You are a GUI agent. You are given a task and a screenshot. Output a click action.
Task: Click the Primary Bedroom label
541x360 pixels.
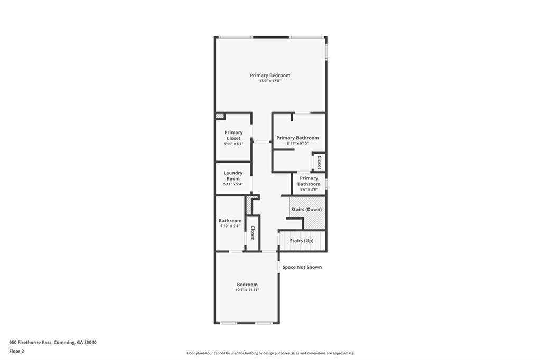tap(270, 75)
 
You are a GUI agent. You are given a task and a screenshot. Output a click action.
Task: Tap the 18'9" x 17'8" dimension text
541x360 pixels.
tap(270, 81)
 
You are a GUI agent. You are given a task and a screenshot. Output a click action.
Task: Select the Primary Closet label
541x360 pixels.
tap(233, 136)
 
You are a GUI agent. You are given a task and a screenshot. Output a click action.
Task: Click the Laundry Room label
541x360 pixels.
tap(233, 176)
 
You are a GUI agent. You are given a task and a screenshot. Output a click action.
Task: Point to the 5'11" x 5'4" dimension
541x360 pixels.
tap(233, 184)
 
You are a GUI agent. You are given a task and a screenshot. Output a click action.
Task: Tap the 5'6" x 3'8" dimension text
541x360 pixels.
tap(309, 190)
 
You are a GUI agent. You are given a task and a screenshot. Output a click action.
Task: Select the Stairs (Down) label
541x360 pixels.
tap(306, 210)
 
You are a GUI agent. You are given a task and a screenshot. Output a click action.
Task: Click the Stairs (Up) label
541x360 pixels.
tap(301, 241)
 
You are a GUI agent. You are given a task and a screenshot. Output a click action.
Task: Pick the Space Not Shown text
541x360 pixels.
tap(302, 267)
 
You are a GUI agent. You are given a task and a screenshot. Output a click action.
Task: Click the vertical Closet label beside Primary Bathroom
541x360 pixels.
tap(319, 162)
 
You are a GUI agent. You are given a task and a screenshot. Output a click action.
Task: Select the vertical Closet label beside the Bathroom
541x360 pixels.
tap(253, 233)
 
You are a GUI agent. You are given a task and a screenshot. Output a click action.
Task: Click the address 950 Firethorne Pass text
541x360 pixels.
tap(53, 342)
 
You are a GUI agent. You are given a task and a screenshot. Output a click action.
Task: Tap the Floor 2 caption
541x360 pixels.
tap(16, 351)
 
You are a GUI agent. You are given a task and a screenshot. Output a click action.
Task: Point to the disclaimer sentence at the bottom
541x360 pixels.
tap(270, 353)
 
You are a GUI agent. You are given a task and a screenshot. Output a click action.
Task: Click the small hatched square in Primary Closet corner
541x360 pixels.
tap(220, 116)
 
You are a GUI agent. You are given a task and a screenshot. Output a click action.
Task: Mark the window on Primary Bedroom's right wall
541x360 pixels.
tap(326, 51)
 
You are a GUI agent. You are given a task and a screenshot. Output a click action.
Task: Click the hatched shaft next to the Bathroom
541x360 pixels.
tap(248, 205)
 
